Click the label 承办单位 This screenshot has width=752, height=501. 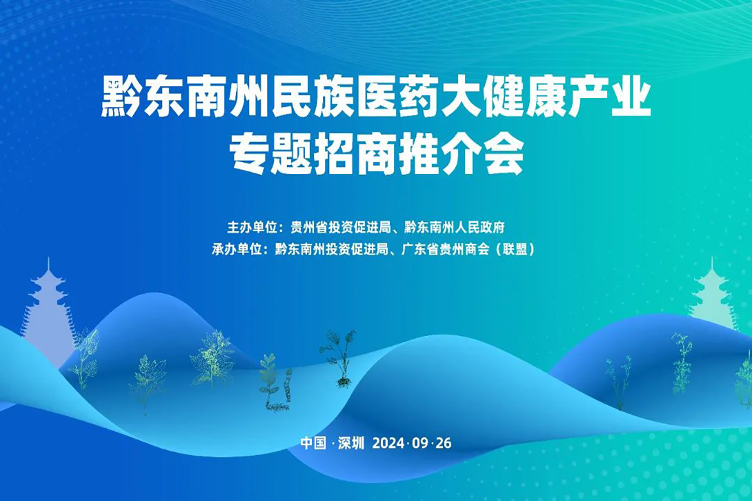click(x=234, y=249)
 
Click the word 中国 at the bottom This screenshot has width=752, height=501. click(x=313, y=443)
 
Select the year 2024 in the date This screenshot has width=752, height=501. click(x=388, y=443)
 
